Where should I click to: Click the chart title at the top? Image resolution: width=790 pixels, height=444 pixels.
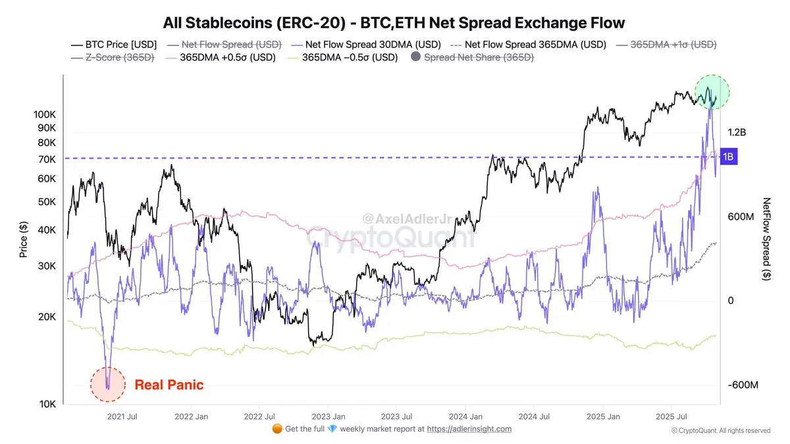394,24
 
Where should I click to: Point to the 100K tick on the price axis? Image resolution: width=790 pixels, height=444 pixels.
45,114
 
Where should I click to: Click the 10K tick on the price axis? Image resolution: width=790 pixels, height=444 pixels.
47,404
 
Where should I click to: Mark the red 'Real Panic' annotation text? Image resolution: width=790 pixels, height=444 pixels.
169,385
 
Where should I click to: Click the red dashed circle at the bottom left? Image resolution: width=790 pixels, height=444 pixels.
107,383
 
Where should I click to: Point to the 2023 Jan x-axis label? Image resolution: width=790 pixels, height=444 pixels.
328,416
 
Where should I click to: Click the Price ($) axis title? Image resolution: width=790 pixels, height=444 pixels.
24,239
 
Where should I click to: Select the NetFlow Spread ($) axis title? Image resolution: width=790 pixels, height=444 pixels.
766,239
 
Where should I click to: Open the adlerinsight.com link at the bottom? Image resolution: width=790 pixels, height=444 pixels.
469,429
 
